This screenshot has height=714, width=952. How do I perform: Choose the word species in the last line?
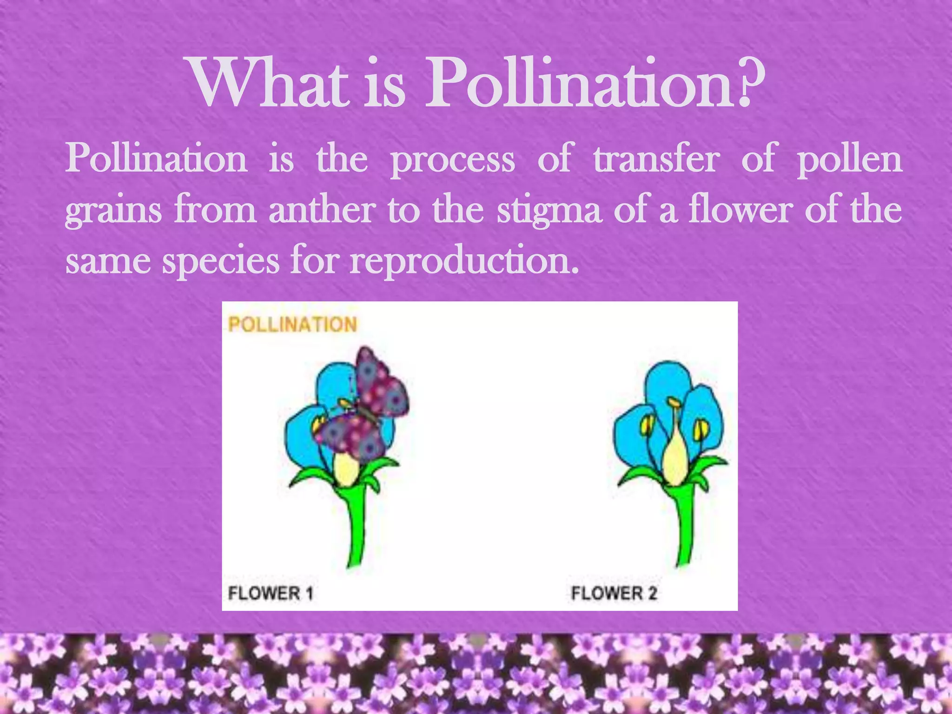220,262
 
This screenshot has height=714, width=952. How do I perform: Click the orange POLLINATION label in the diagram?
292,324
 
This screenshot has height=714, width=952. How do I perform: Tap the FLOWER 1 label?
271,593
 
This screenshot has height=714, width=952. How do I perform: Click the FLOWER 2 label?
614,593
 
